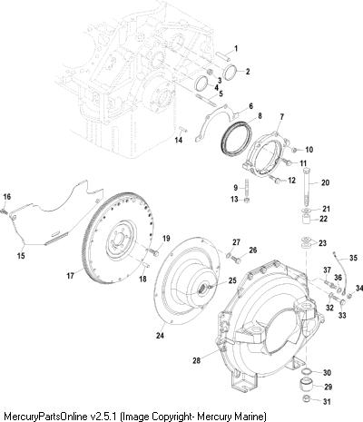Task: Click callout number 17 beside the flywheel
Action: tap(71, 276)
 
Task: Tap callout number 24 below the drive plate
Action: tap(160, 335)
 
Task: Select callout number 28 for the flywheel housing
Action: tap(196, 360)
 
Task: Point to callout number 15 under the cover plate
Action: tap(21, 256)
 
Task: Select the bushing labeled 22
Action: tap(308, 220)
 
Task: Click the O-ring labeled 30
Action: tap(307, 371)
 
